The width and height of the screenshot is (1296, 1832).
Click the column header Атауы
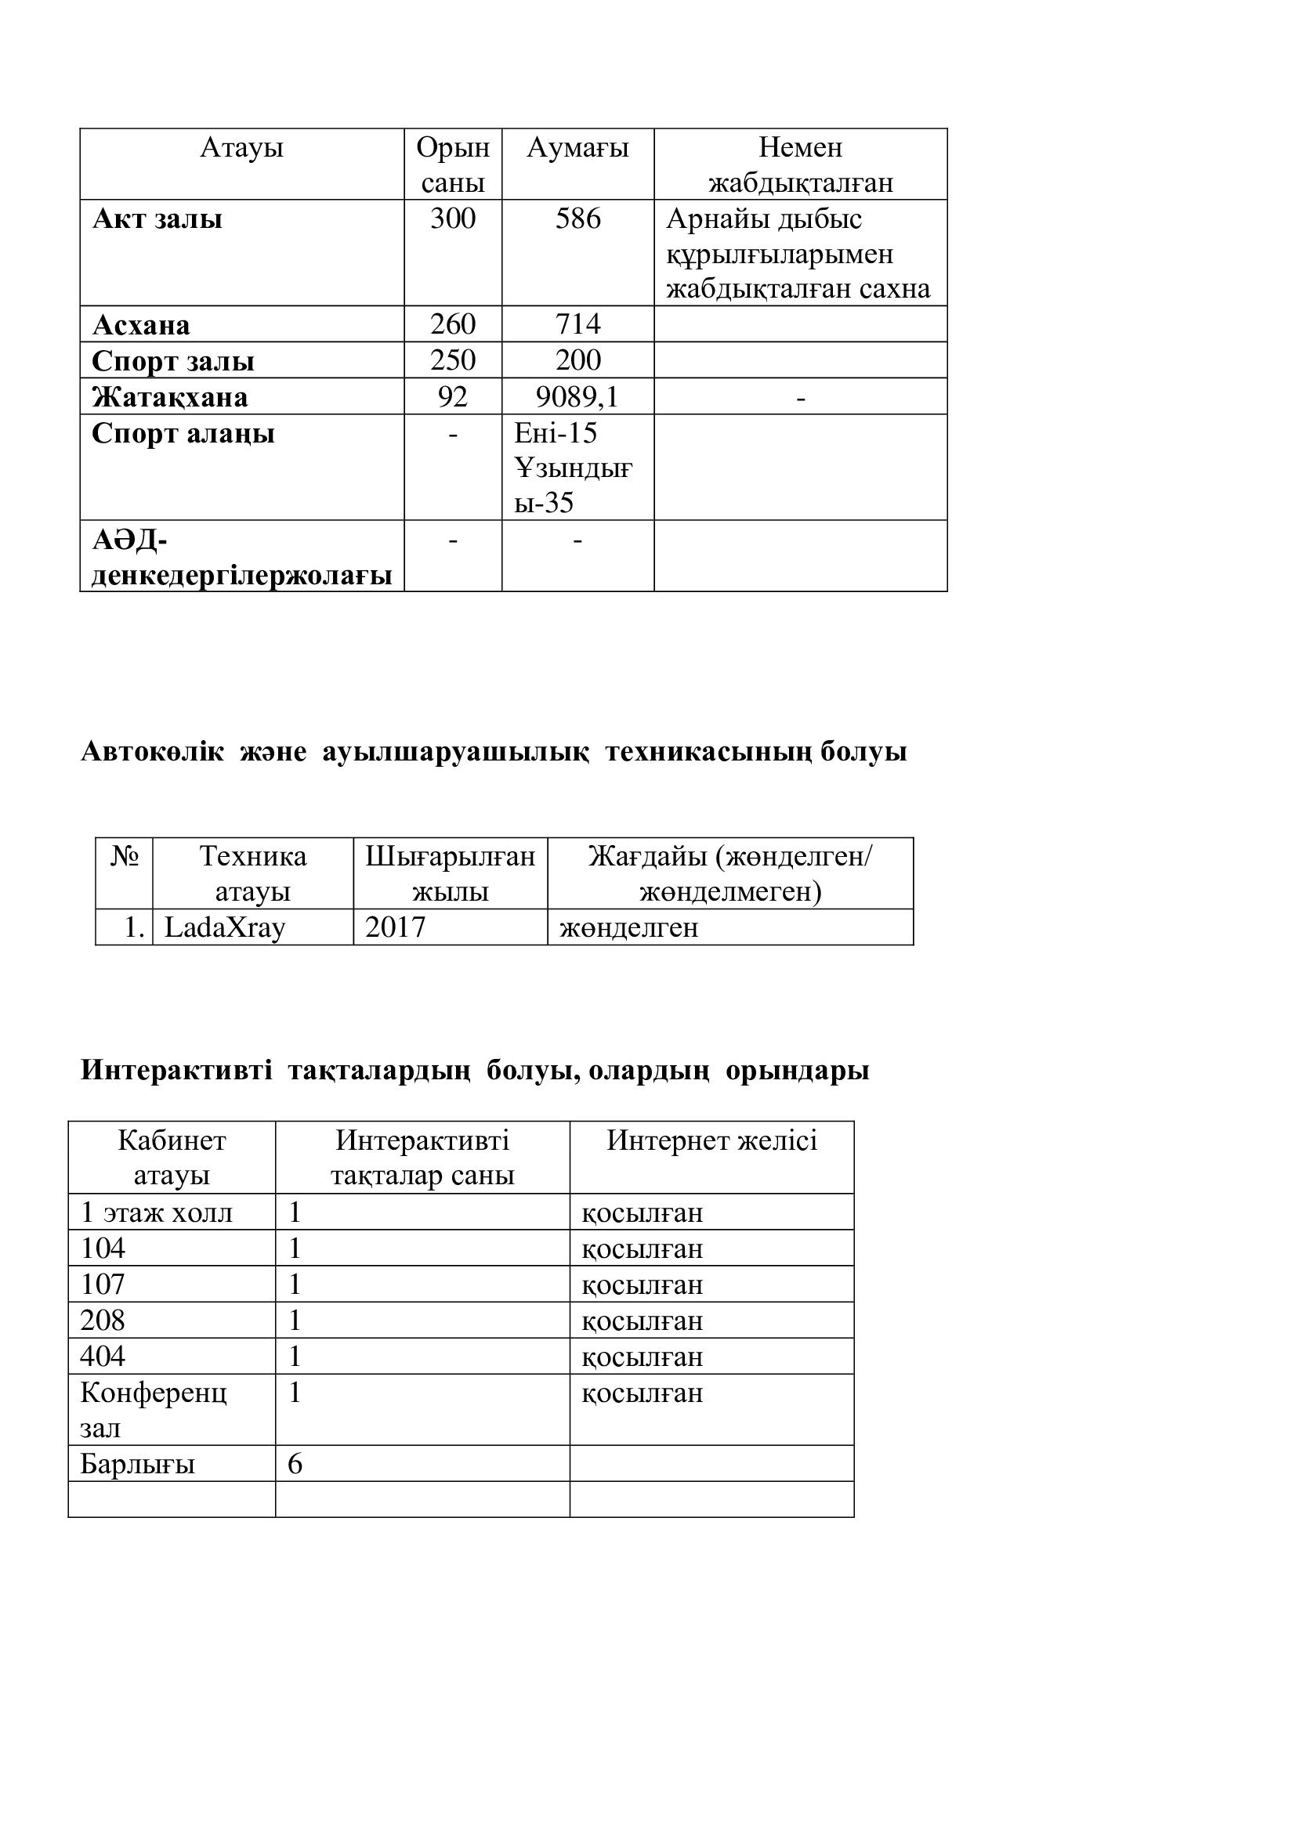[242, 147]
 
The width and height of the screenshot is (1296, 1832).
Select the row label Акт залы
[157, 219]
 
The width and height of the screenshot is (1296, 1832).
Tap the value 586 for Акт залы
[577, 219]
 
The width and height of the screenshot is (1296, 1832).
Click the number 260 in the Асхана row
[452, 324]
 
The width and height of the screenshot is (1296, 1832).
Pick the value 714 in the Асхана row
[577, 324]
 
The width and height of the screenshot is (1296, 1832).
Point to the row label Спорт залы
[173, 360]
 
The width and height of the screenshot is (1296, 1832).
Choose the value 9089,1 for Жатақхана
[577, 396]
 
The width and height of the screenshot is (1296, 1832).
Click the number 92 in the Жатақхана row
[452, 396]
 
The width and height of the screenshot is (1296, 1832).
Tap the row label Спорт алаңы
[183, 433]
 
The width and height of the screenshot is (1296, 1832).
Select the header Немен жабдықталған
[801, 165]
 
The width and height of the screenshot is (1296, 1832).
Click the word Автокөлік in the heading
[153, 752]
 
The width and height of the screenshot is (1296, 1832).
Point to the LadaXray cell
[224, 927]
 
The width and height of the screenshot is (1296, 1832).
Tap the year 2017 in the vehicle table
[395, 927]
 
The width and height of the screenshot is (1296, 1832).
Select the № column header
[125, 856]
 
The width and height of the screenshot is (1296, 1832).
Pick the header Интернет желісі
[711, 1140]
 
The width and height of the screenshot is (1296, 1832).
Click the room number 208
[103, 1321]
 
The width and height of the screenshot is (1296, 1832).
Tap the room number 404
[103, 1357]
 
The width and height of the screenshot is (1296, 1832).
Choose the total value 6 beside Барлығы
[295, 1464]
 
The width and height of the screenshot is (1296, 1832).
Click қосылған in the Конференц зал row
[643, 1393]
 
